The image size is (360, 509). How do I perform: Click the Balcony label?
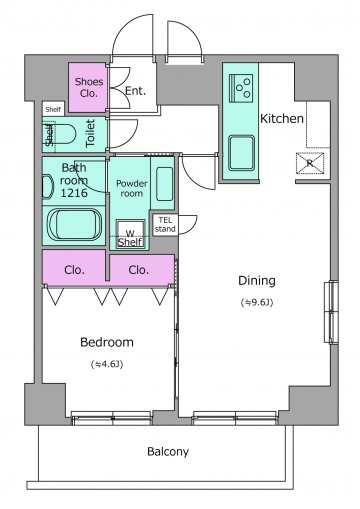click(168, 452)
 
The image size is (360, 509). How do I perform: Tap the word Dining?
click(257, 281)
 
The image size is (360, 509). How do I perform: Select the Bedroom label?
click(107, 342)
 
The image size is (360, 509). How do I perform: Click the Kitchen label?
click(282, 119)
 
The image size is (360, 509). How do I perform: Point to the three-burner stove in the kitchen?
click(241, 88)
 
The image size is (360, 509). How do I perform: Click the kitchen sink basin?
click(241, 153)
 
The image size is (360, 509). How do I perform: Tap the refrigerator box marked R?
click(310, 163)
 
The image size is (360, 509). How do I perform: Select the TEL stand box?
click(165, 225)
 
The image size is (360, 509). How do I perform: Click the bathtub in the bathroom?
click(74, 224)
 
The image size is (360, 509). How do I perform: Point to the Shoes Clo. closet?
click(88, 87)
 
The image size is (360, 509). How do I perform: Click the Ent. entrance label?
click(135, 91)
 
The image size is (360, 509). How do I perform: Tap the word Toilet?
click(90, 133)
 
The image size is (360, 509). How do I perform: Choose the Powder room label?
click(132, 188)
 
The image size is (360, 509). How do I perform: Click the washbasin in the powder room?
click(165, 184)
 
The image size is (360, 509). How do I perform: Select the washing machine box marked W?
click(130, 234)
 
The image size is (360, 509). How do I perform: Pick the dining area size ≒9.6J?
click(257, 303)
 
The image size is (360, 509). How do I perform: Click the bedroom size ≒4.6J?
click(107, 364)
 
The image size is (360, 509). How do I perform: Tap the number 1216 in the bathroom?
click(74, 193)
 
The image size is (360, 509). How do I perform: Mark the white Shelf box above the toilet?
click(53, 109)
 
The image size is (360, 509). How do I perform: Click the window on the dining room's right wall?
click(331, 312)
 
